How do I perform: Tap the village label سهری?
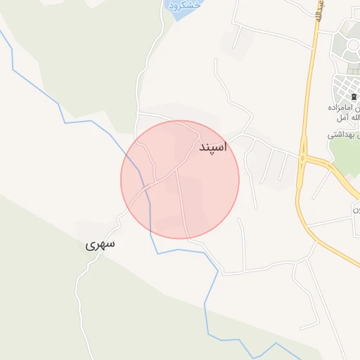coord(100,245)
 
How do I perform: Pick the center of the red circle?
coord(180,179)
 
